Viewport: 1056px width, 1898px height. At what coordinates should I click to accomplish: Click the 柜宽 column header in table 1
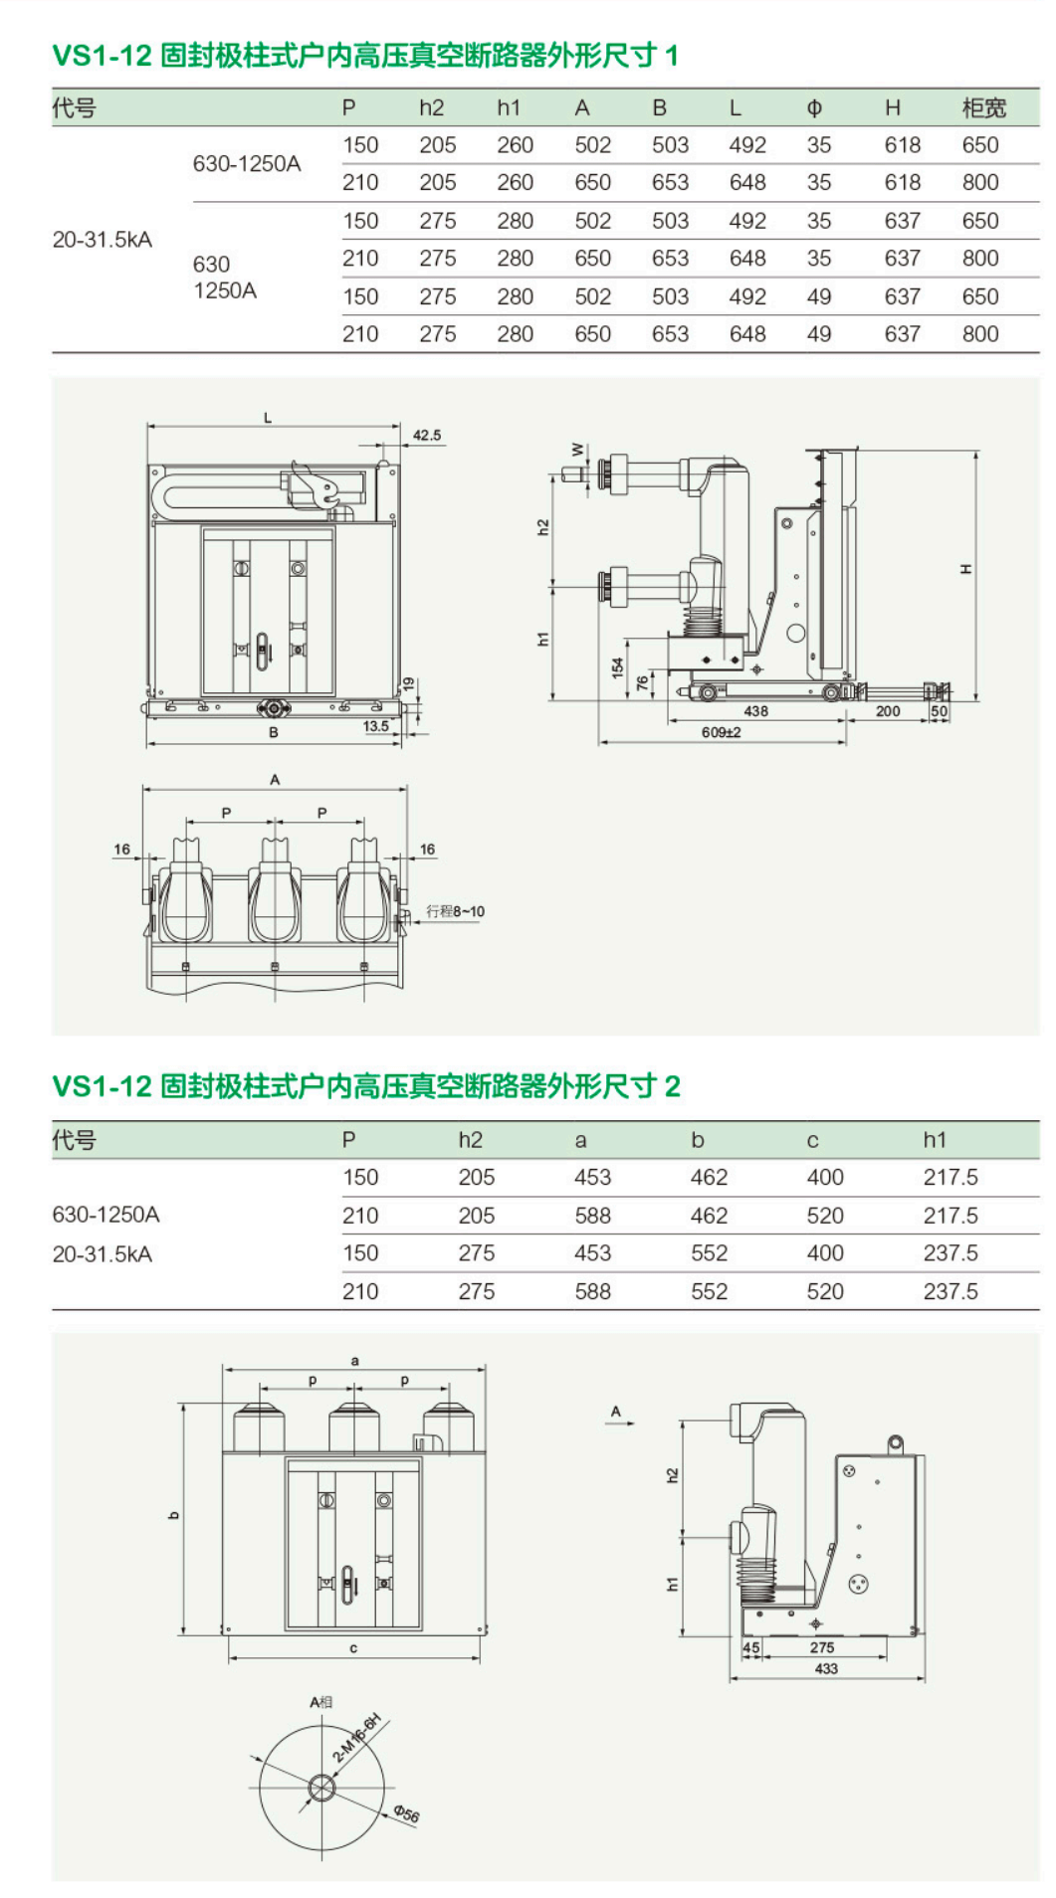[x=983, y=107]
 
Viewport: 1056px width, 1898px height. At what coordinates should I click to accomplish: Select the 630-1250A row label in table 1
[x=246, y=163]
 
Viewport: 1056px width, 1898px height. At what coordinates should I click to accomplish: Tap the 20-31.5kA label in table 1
[x=102, y=240]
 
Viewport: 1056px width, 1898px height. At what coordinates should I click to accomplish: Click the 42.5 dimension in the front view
[x=427, y=435]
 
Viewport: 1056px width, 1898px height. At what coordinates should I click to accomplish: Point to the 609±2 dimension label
[x=721, y=732]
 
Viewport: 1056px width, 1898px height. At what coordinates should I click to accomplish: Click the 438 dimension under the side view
[x=755, y=711]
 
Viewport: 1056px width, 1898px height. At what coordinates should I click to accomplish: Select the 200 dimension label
[x=888, y=711]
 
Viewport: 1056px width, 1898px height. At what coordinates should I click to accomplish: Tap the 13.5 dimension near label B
[x=375, y=726]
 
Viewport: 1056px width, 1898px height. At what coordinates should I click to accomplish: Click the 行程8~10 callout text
[x=455, y=911]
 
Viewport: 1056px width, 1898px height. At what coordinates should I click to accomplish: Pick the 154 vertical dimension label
[x=618, y=667]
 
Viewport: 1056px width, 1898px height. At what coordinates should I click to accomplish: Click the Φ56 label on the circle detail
[x=406, y=1813]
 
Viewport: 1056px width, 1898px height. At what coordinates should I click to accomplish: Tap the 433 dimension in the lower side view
[x=825, y=1668]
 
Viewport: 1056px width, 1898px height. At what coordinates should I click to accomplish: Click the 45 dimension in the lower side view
[x=751, y=1647]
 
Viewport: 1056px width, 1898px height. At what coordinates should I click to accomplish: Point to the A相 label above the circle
[x=320, y=1702]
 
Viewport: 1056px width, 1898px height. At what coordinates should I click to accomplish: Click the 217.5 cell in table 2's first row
[x=950, y=1178]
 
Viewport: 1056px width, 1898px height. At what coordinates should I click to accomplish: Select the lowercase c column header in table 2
[x=812, y=1140]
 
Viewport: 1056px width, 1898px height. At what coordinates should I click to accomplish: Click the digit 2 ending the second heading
[x=673, y=1086]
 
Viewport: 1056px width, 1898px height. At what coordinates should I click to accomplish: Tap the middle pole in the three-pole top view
[x=275, y=890]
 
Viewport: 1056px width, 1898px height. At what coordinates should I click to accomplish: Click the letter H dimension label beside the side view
[x=964, y=569]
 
